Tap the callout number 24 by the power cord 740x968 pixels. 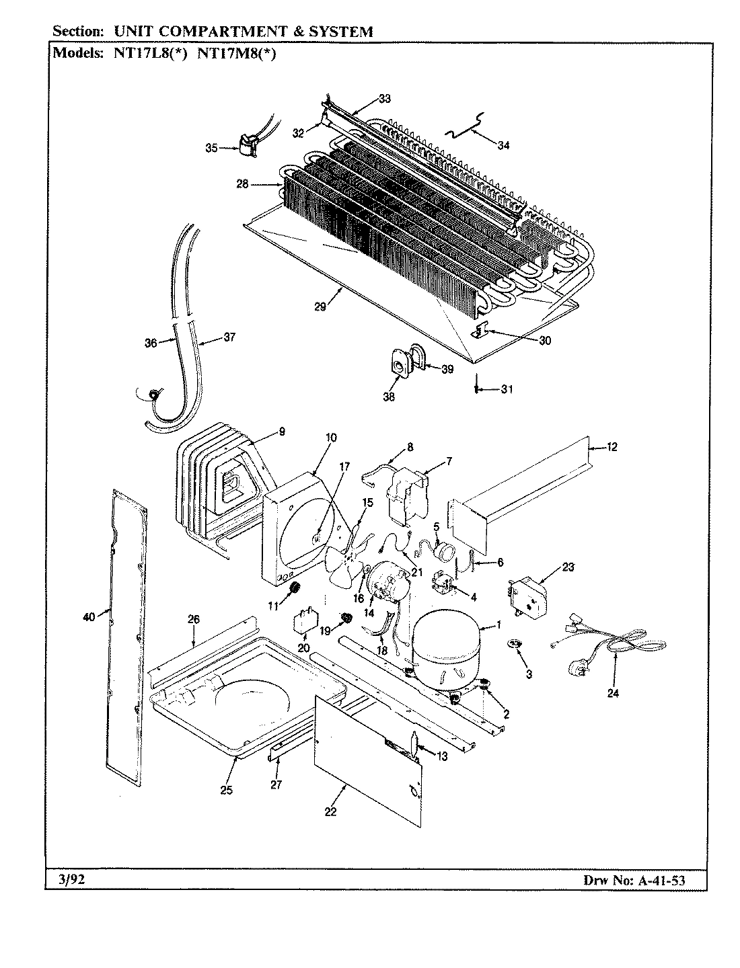click(612, 693)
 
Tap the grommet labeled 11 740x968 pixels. click(293, 591)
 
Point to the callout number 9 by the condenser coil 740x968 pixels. click(282, 432)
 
